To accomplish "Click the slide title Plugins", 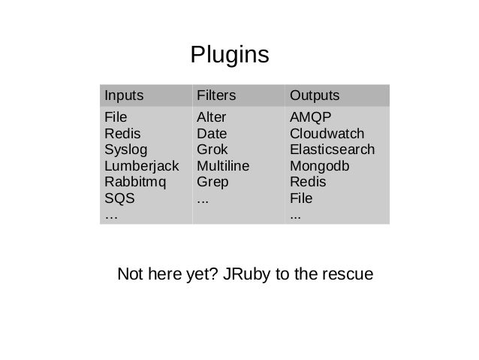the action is pos(229,55).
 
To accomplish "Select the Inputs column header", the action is pos(124,96).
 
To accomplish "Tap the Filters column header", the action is pos(215,96).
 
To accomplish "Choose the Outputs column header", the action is pos(315,96).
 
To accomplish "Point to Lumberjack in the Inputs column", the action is pos(137,166).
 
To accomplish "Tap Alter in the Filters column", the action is pos(211,117).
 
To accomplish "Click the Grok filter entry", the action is pos(211,150).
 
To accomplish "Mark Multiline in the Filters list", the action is pos(223,166).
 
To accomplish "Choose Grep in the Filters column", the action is pos(212,183).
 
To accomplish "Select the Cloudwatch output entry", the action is pos(327,133).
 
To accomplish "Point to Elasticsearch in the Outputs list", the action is pos(332,150).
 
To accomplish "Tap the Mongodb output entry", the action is pos(318,166).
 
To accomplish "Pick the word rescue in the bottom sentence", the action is pos(348,275).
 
